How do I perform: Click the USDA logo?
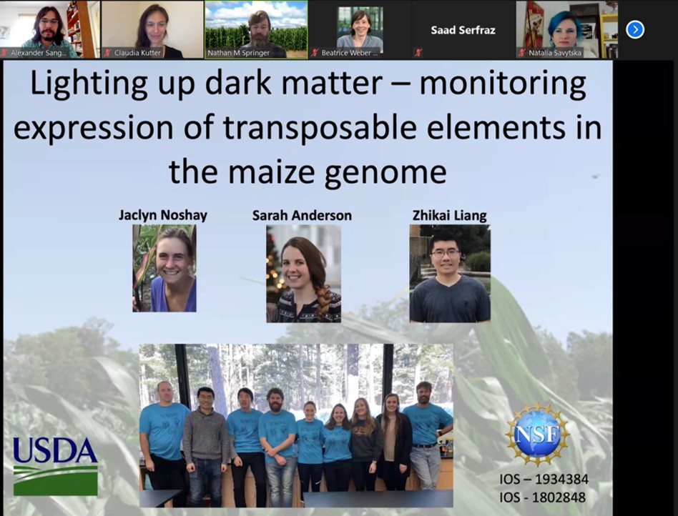click(55, 465)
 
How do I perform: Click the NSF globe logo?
click(537, 434)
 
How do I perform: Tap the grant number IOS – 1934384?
click(542, 478)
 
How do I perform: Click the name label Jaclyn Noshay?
click(163, 215)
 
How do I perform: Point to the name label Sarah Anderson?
click(302, 215)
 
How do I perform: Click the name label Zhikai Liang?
click(449, 215)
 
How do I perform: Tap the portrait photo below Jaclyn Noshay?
click(164, 269)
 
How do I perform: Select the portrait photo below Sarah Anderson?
click(303, 274)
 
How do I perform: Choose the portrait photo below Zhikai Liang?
click(450, 274)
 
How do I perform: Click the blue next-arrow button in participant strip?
click(634, 29)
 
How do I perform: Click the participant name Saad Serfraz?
click(463, 30)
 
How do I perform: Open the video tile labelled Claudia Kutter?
click(151, 29)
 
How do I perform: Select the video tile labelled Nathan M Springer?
click(256, 29)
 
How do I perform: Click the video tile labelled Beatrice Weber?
click(360, 29)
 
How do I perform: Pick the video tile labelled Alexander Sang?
click(49, 29)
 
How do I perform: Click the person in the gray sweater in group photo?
click(205, 436)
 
